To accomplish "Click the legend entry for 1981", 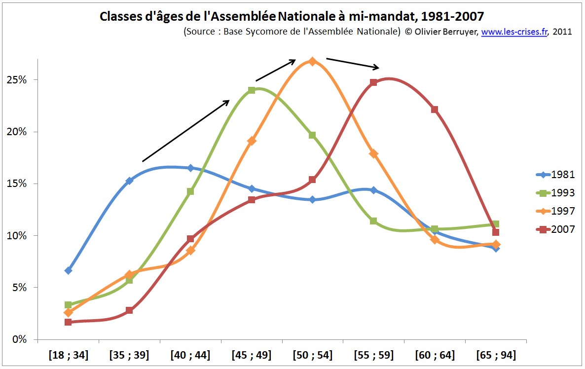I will pos(555,175).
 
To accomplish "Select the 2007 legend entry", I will pos(555,229).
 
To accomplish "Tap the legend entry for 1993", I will pos(555,193).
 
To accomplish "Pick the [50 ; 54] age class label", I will pos(313,355).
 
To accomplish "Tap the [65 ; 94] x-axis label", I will pos(496,355).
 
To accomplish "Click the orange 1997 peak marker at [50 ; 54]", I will pos(312,61).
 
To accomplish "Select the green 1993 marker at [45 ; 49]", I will pos(252,90).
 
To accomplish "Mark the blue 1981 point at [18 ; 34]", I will pos(68,270).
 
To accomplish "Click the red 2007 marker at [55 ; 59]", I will pos(373,82).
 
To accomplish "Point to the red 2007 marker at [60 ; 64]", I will pos(435,110).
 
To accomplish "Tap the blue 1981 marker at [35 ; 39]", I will pos(129,181).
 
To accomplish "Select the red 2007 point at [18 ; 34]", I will pos(68,322).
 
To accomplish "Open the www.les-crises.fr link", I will pos(514,32).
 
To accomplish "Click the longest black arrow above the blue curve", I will pos(186,131).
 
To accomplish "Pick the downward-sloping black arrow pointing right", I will pos(353,64).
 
